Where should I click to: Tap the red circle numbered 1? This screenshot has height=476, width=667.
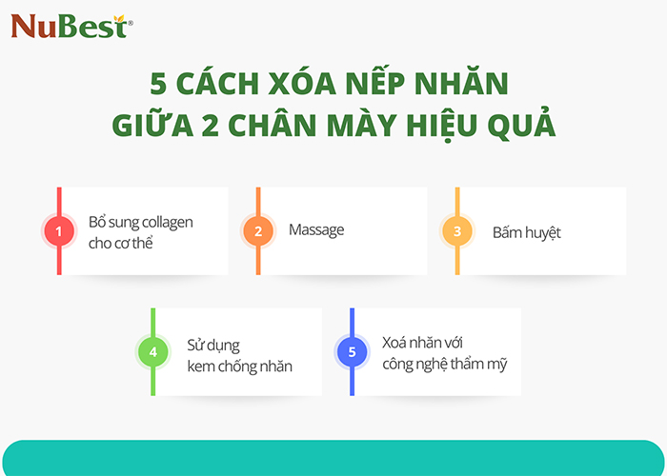click(x=59, y=230)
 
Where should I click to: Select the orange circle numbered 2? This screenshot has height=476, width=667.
click(x=258, y=230)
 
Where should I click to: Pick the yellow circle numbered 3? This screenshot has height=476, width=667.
click(x=457, y=230)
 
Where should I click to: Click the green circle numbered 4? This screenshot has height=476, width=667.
click(x=152, y=352)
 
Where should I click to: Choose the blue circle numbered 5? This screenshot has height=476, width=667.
click(x=352, y=352)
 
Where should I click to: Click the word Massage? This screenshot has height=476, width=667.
click(x=316, y=229)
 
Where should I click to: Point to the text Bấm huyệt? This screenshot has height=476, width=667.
click(x=526, y=231)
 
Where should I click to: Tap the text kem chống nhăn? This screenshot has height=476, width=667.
click(x=239, y=367)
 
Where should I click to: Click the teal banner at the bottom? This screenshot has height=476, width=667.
click(x=333, y=459)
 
